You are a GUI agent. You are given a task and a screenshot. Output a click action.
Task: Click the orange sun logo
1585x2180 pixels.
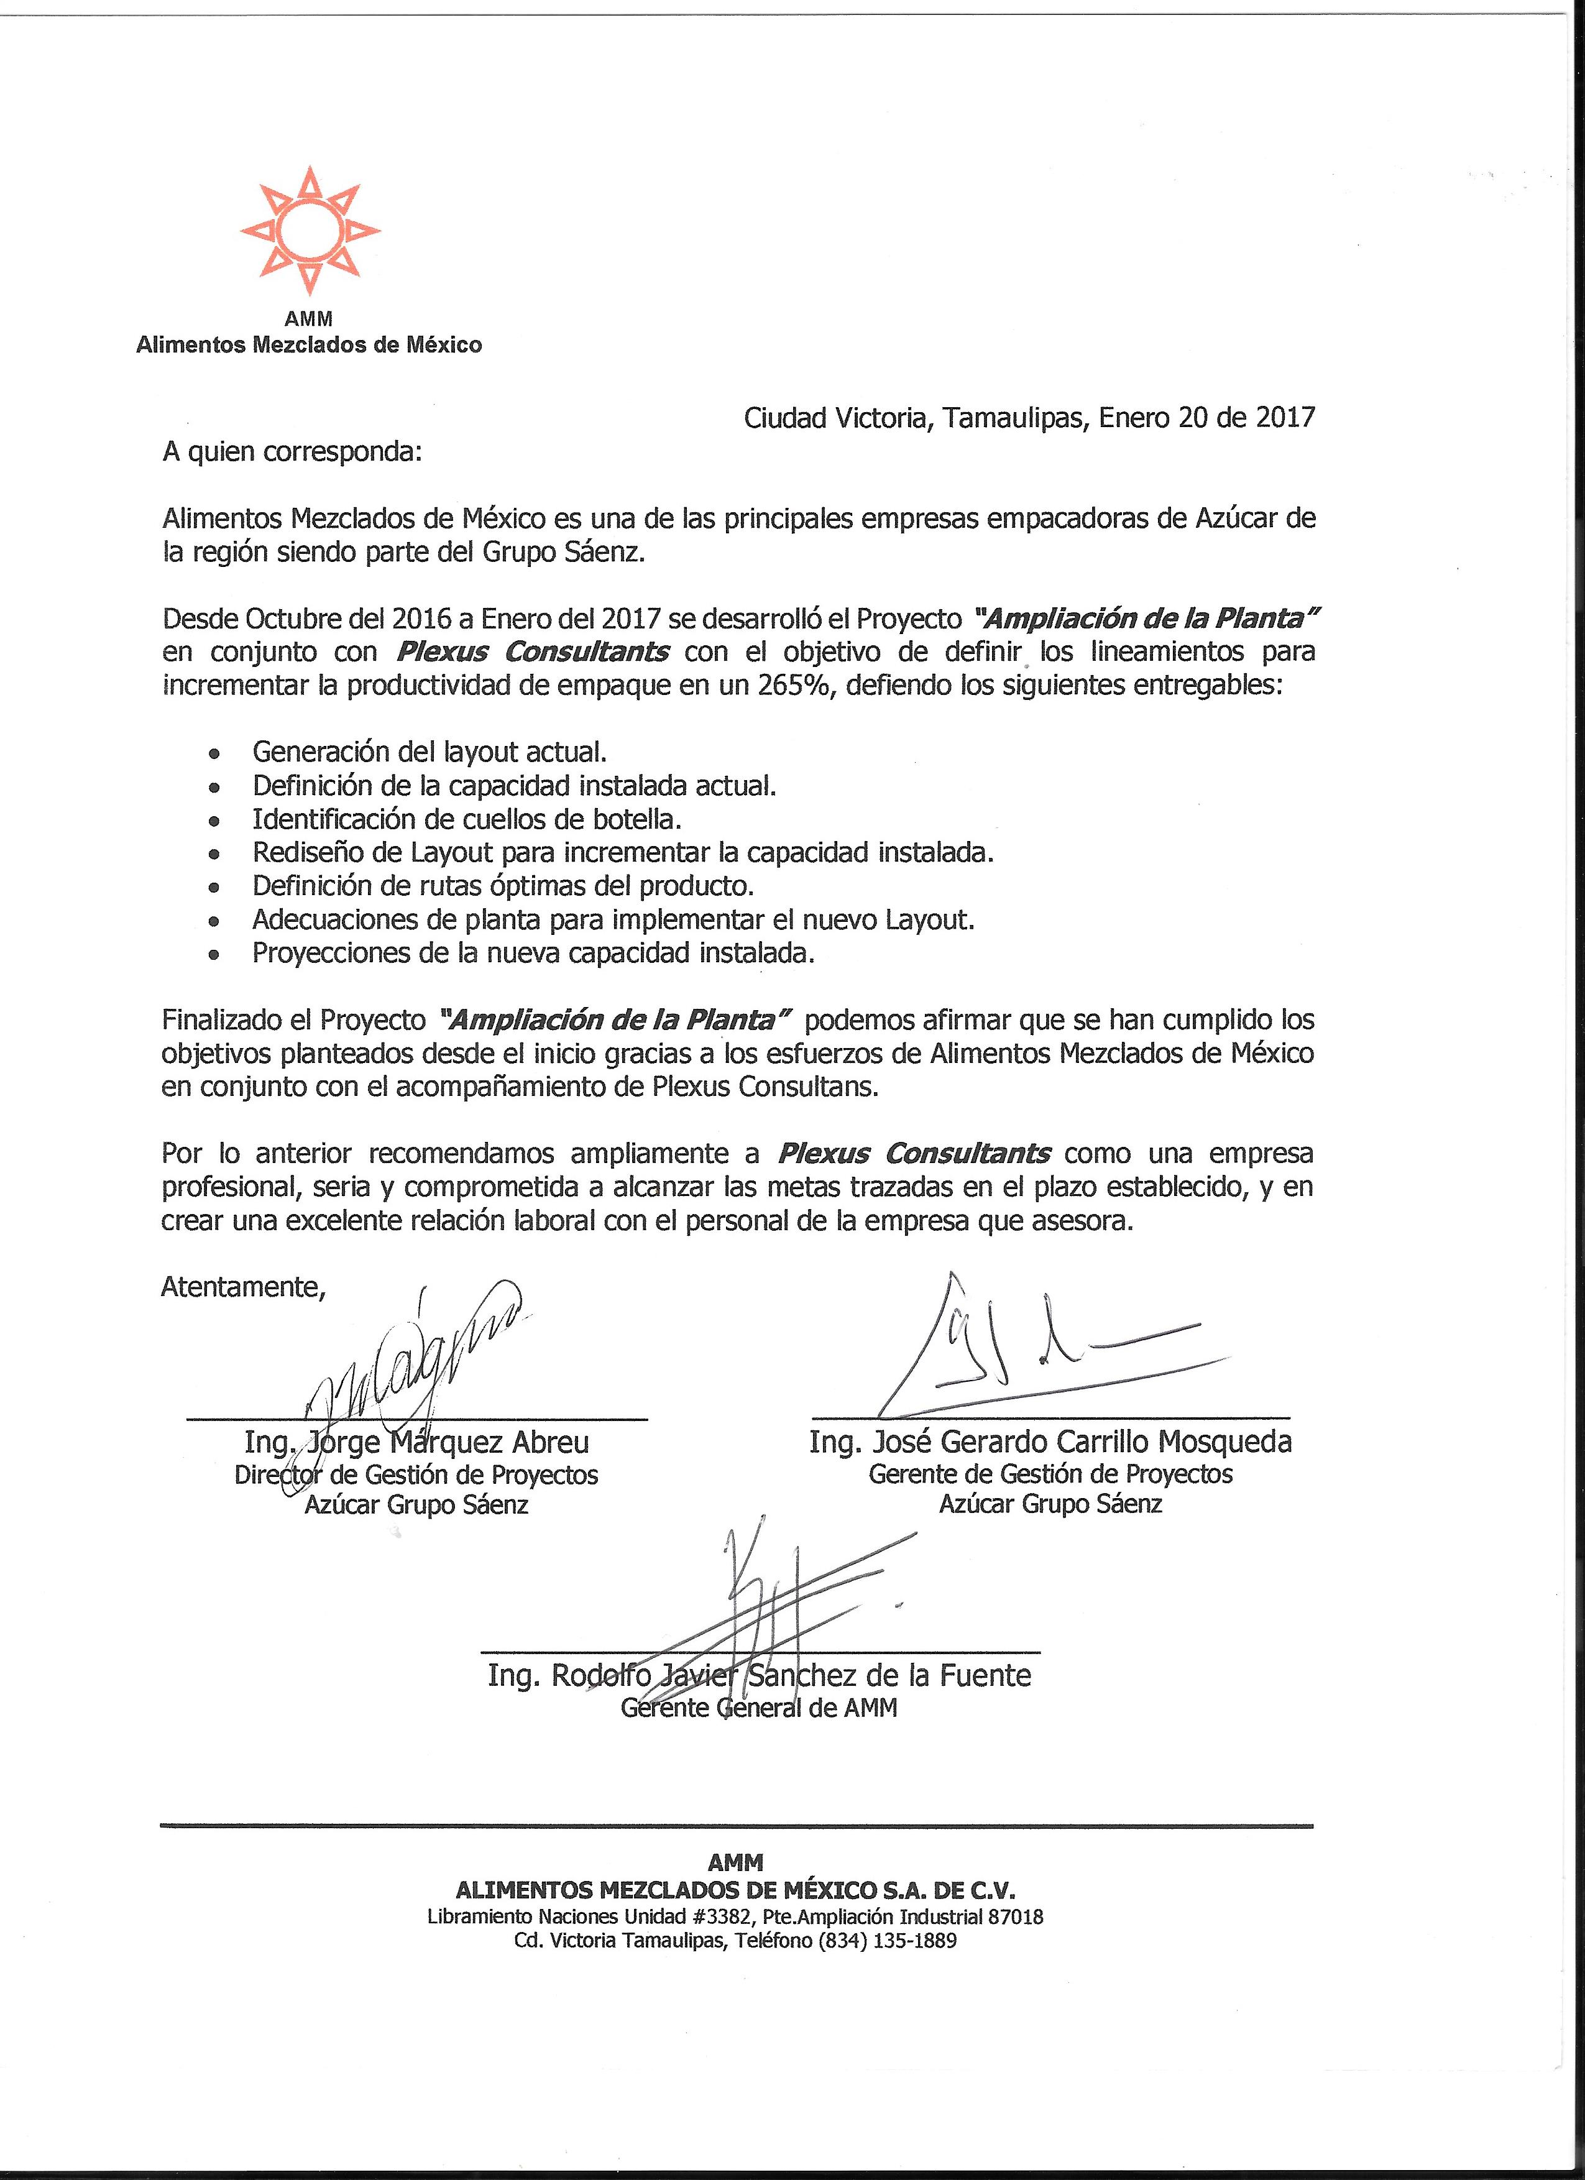click(310, 231)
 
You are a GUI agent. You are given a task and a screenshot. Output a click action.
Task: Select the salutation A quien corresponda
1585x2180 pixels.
click(292, 452)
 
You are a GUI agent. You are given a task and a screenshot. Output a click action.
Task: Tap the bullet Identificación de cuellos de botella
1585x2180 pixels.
click(467, 819)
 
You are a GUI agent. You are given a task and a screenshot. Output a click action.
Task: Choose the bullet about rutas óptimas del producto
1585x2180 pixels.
click(503, 885)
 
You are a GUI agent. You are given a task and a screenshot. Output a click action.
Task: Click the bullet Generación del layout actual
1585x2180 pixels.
click(430, 752)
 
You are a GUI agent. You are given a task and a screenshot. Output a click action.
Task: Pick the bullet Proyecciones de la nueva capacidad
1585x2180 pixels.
click(533, 952)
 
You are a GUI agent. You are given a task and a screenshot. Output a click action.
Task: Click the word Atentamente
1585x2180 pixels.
click(243, 1286)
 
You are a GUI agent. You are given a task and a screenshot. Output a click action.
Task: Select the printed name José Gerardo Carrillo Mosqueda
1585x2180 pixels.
click(1050, 1442)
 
